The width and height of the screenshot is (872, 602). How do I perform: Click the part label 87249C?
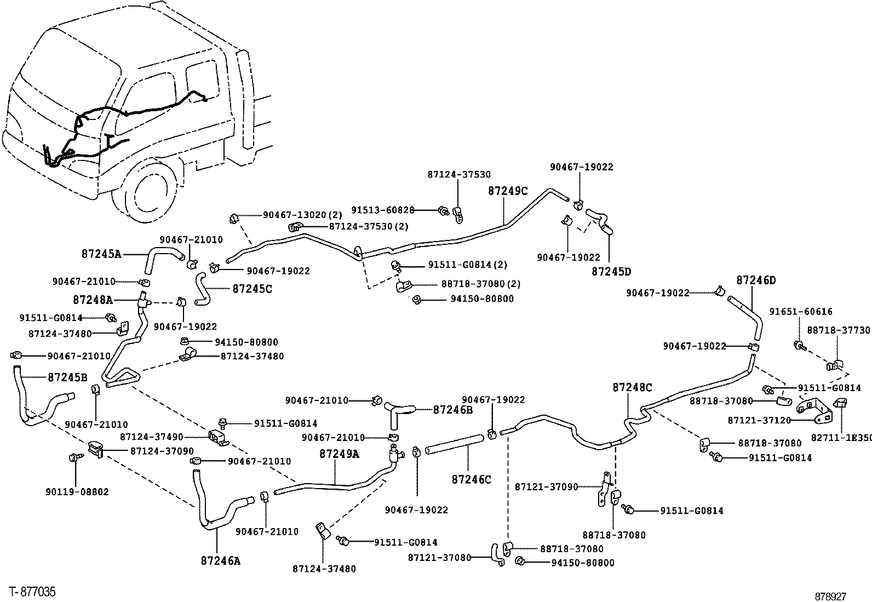click(x=508, y=191)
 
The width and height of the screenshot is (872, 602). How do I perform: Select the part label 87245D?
click(x=612, y=271)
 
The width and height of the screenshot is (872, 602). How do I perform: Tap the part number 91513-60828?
click(x=383, y=210)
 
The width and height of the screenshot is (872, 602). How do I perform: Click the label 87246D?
click(x=756, y=280)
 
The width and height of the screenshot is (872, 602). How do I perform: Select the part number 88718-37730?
click(x=839, y=330)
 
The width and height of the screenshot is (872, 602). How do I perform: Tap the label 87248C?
click(x=632, y=387)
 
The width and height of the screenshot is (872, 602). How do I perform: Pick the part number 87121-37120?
click(x=759, y=420)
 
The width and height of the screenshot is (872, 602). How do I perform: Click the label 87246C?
click(x=472, y=479)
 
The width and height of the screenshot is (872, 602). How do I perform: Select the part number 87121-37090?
click(x=546, y=486)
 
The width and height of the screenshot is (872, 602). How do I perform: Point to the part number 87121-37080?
click(x=439, y=558)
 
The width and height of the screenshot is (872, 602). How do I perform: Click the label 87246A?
click(x=221, y=560)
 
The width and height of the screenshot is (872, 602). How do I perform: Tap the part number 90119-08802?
click(x=77, y=492)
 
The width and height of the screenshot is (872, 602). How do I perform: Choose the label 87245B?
click(x=67, y=377)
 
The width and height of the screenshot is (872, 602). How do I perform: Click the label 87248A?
click(x=93, y=300)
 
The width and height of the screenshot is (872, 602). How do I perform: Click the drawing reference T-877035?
click(x=32, y=592)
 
